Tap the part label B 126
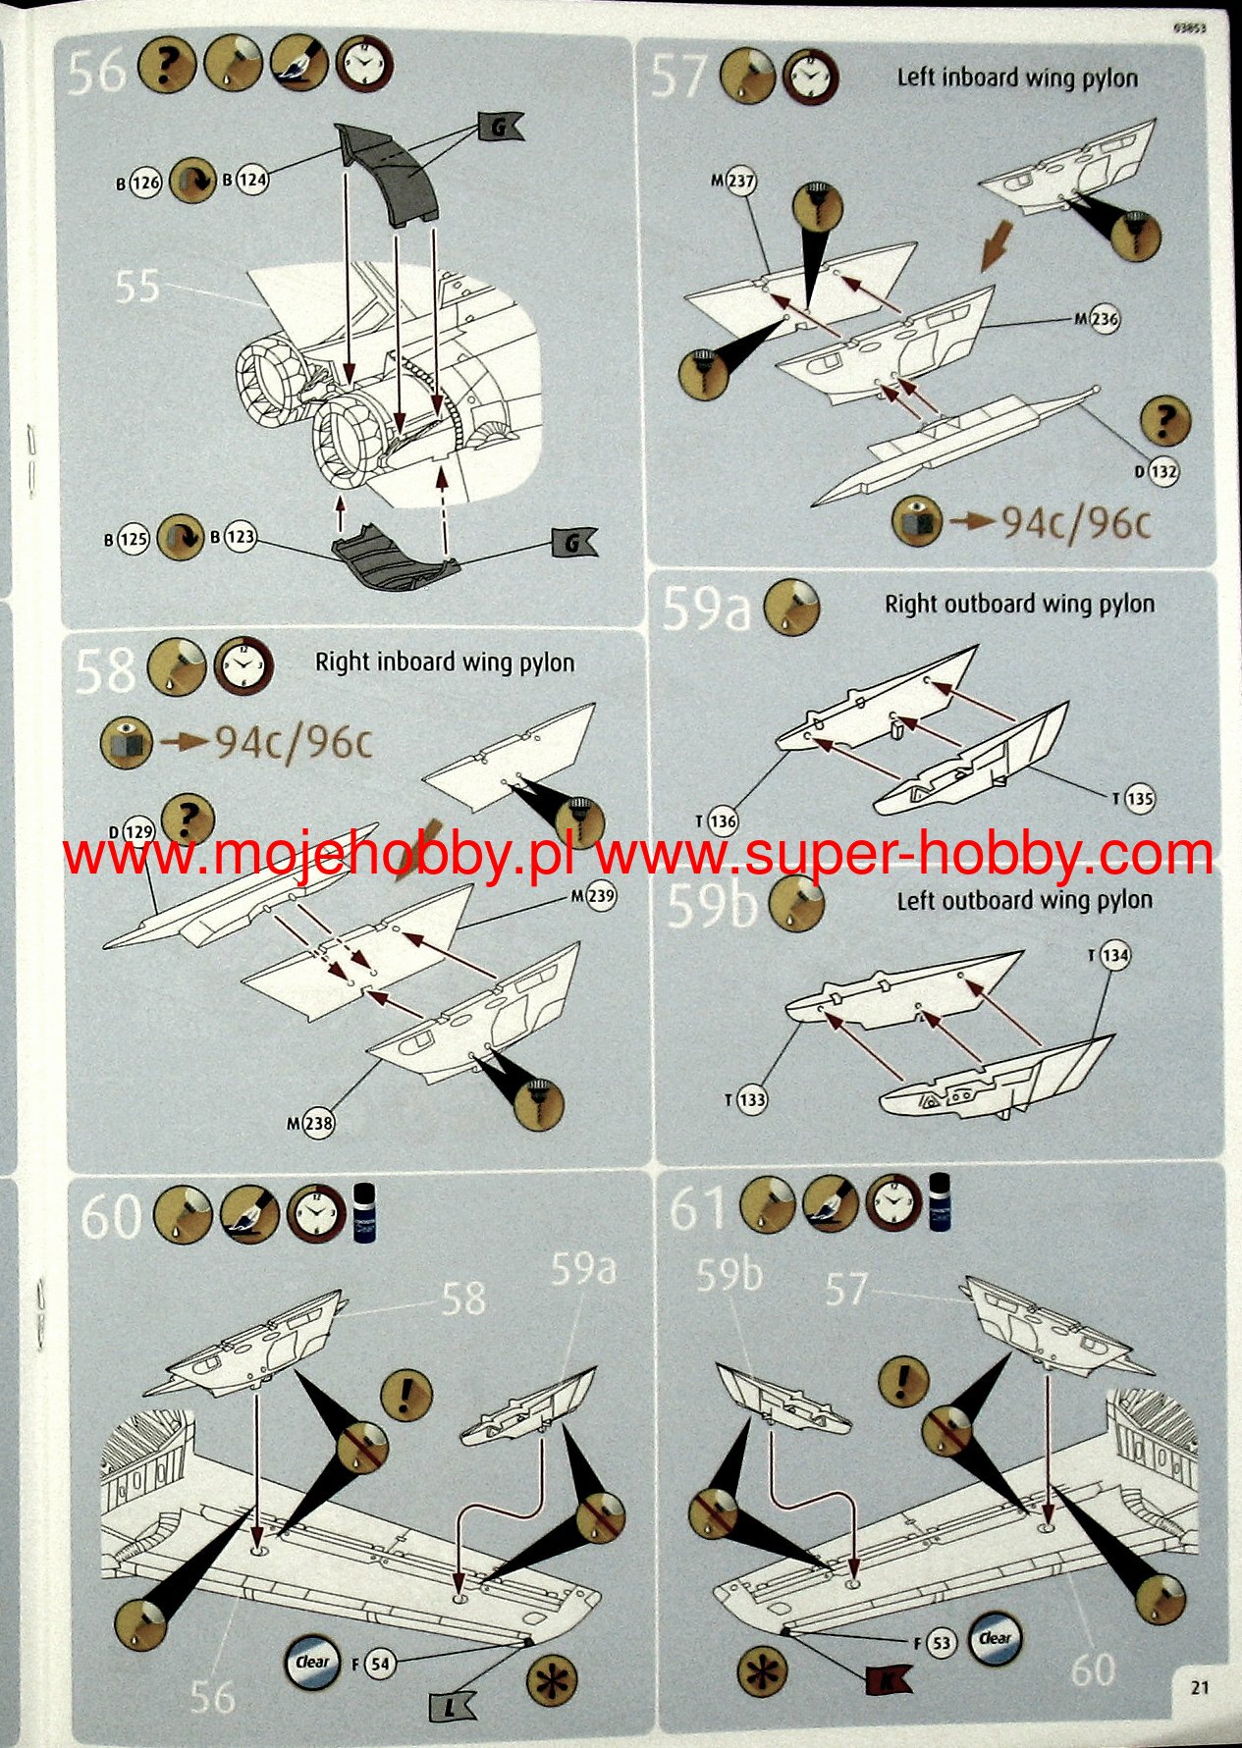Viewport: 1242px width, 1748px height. [138, 183]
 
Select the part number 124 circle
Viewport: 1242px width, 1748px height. [252, 180]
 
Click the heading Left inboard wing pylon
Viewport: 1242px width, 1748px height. [1017, 78]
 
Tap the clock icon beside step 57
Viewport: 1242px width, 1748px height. [810, 78]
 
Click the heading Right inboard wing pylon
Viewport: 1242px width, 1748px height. [444, 662]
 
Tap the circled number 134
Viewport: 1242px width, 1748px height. [1115, 955]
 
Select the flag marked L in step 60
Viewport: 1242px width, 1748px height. [453, 1707]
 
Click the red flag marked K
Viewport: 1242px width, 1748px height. [887, 1680]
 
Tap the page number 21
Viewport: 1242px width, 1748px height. [1199, 1687]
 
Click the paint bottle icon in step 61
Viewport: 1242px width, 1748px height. [940, 1201]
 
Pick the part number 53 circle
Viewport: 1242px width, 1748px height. [941, 1642]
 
